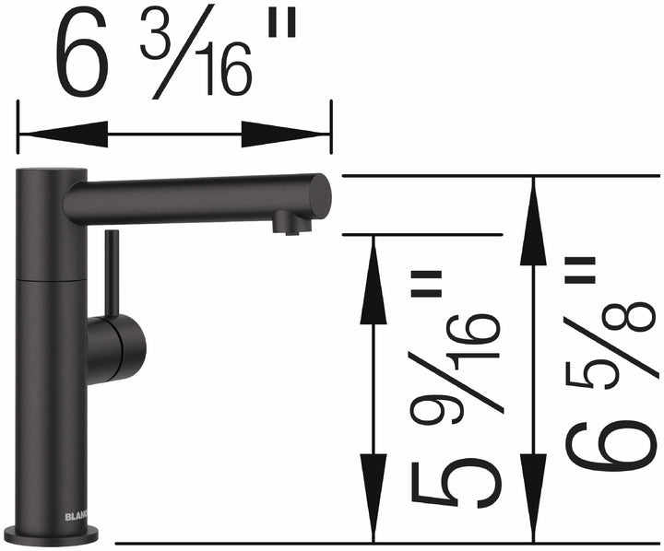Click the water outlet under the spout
click(x=291, y=223)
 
